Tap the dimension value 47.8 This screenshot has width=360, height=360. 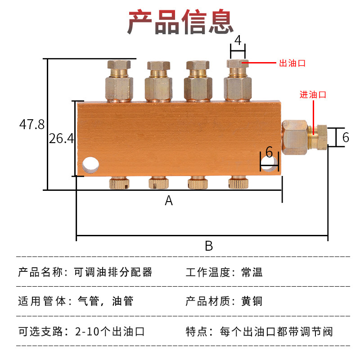click(x=32, y=125)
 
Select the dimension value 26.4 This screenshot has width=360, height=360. click(x=61, y=139)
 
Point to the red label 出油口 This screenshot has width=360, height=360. click(x=292, y=63)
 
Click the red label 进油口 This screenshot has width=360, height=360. click(x=313, y=94)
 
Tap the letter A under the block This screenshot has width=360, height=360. click(x=169, y=201)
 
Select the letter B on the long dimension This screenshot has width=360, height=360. click(x=209, y=246)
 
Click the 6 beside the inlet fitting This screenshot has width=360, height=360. click(x=346, y=137)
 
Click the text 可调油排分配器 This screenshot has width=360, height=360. click(x=113, y=272)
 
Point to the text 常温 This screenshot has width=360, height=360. click(x=252, y=272)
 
